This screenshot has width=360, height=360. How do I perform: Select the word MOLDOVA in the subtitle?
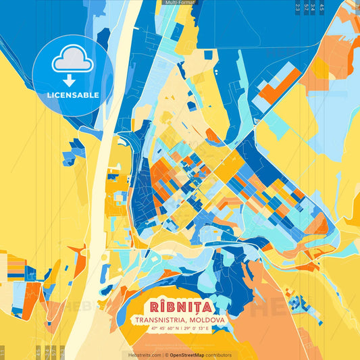(x=207, y=319)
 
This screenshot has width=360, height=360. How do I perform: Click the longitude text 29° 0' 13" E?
(x=198, y=328)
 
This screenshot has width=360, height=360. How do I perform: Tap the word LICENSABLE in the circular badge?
(x=72, y=94)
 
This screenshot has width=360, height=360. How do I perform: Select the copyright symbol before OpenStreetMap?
(x=166, y=355)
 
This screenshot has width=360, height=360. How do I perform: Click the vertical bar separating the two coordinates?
(x=181, y=328)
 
